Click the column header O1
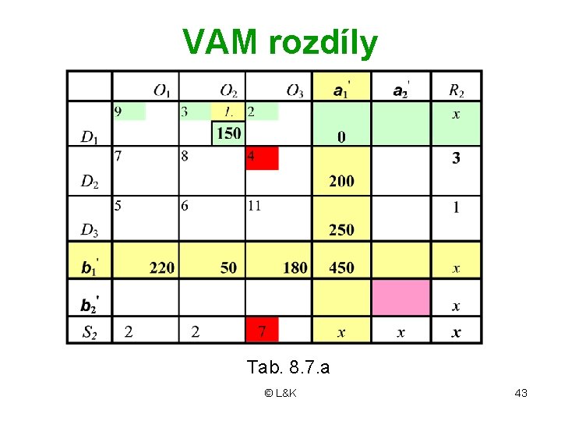[163, 91]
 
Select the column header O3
[295, 91]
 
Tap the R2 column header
[456, 91]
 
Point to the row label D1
[90, 137]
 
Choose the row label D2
[90, 182]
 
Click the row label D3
[90, 230]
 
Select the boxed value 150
[228, 133]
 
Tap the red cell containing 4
[261, 158]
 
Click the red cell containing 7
[262, 331]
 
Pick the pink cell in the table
[400, 297]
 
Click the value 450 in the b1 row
[341, 267]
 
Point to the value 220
[161, 267]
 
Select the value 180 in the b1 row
[295, 267]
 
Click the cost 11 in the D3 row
[255, 206]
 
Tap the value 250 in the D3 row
[341, 230]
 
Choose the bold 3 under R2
[456, 158]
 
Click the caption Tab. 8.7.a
[288, 367]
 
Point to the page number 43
[521, 393]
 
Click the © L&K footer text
[280, 393]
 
